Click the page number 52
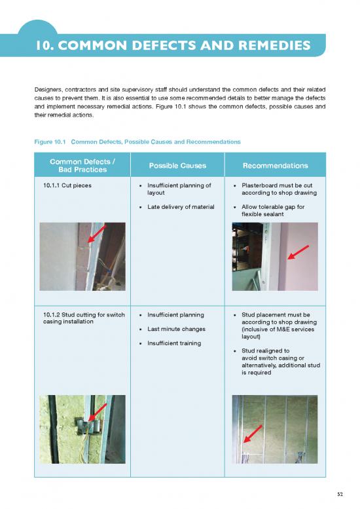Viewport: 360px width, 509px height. click(340, 494)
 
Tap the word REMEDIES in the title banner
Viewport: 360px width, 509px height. click(274, 45)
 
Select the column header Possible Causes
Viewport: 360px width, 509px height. click(177, 166)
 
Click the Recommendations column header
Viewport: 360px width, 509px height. click(276, 166)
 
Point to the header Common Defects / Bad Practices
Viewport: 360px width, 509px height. click(82, 166)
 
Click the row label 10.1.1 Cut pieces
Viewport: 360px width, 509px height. click(67, 185)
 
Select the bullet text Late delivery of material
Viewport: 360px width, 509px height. click(181, 207)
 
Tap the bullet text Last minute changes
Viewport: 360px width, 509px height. click(177, 329)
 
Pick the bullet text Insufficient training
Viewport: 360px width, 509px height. click(174, 343)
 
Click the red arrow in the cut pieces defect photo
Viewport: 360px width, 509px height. click(97, 234)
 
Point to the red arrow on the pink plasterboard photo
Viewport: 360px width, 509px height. click(298, 252)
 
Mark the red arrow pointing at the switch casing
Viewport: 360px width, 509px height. click(98, 413)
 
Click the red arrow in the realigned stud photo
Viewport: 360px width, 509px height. click(253, 434)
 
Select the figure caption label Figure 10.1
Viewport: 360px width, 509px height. click(50, 142)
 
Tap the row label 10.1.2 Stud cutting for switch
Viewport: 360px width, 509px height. click(84, 314)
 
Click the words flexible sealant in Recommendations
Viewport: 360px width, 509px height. click(262, 214)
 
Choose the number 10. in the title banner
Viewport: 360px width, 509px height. click(45, 45)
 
